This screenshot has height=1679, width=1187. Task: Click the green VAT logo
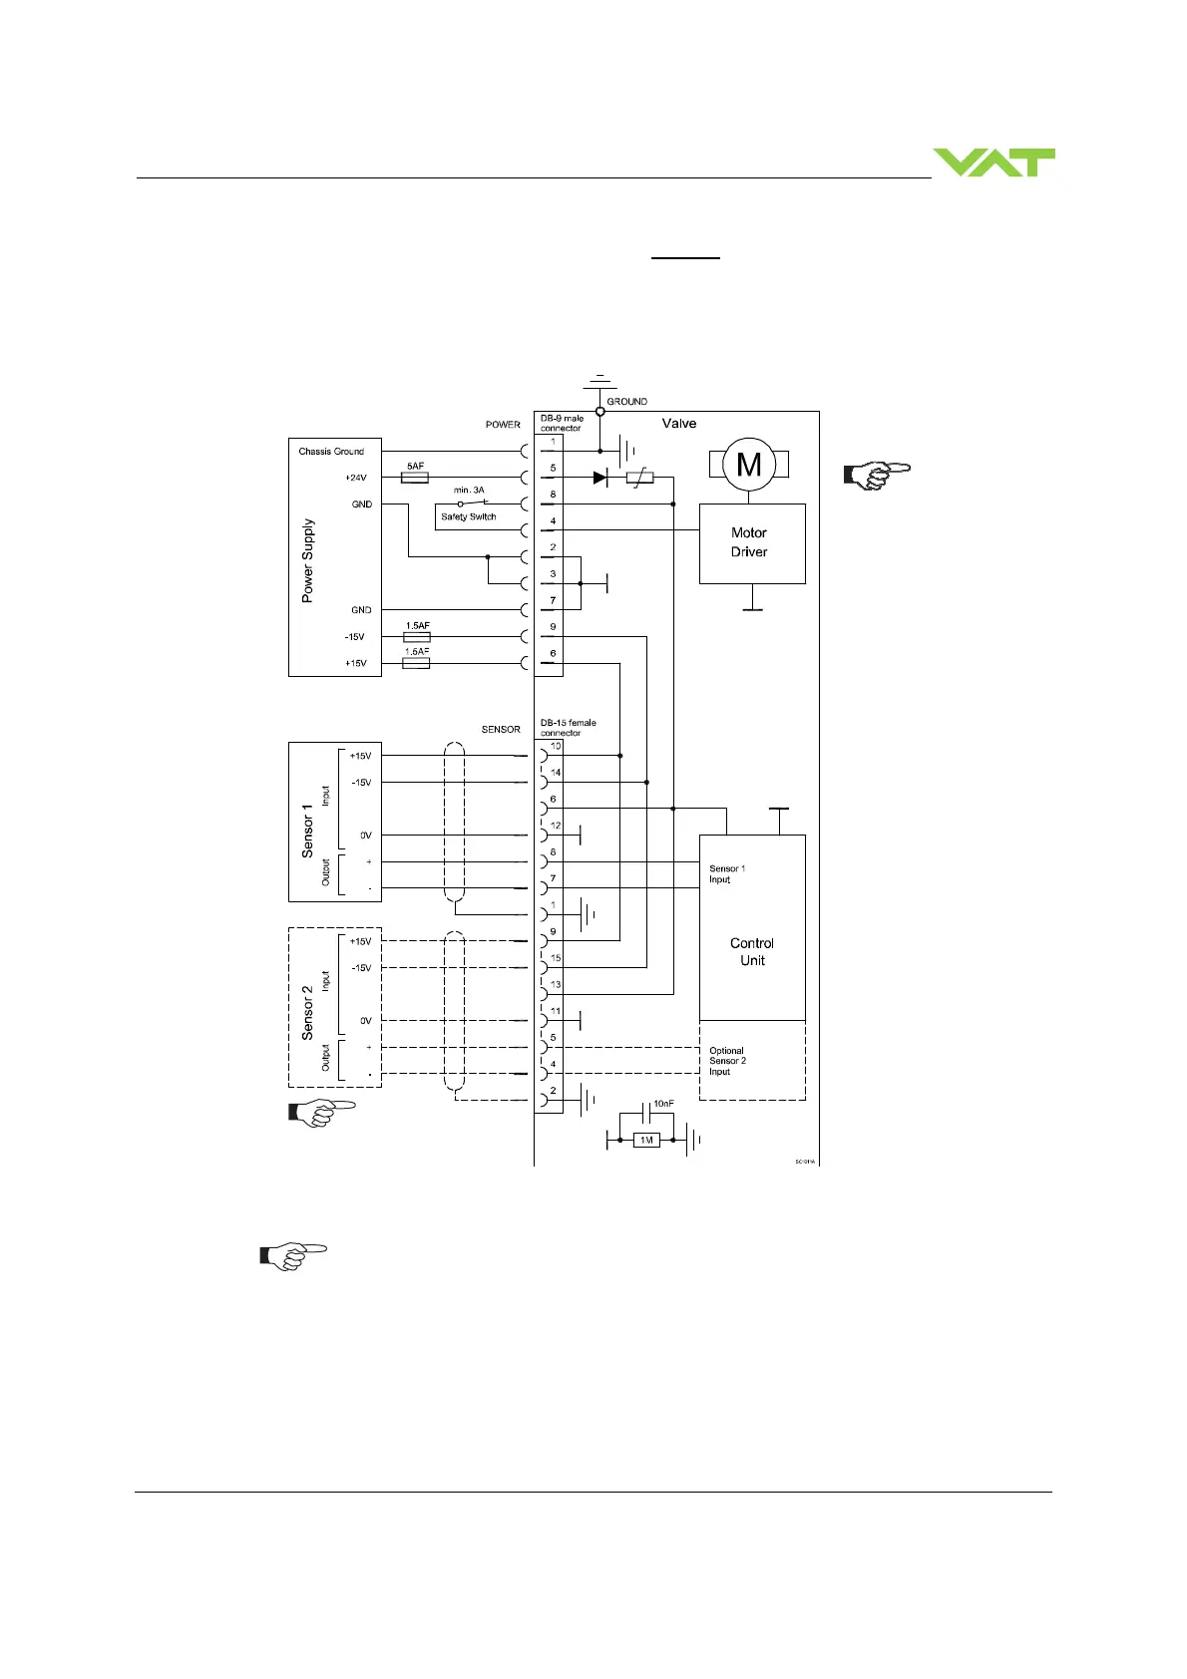(993, 163)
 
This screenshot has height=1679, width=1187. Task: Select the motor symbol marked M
(749, 464)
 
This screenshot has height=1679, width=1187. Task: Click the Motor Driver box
(751, 542)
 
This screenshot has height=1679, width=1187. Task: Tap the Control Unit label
(752, 951)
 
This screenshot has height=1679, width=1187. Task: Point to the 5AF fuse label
(415, 466)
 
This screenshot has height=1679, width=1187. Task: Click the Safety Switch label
(468, 516)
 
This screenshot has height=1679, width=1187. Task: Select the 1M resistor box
(646, 1140)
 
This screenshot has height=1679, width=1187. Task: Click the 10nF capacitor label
(663, 1104)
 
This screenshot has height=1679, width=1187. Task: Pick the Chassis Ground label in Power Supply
(331, 452)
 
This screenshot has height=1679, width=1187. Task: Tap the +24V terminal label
(355, 479)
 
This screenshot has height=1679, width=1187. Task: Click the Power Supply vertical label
(308, 559)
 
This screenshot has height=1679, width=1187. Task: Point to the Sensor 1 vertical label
(308, 823)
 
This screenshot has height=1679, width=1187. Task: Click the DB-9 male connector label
(562, 423)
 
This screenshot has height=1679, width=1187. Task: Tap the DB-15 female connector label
(568, 728)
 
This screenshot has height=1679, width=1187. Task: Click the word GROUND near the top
(626, 402)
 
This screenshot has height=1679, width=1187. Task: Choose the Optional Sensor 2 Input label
(727, 1061)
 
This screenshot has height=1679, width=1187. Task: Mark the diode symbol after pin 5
(599, 478)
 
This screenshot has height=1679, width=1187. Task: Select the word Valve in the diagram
(679, 424)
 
